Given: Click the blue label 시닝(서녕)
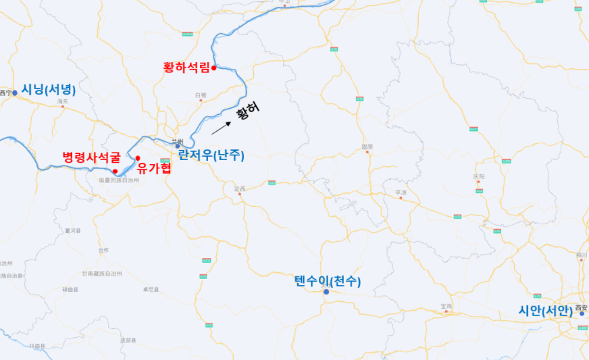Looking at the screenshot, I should (x=49, y=89).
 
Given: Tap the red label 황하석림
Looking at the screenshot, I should (x=186, y=68).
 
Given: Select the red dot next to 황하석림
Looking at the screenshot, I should (x=213, y=68).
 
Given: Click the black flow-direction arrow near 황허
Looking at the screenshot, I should (x=221, y=128).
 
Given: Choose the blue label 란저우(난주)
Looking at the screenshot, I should (x=211, y=155).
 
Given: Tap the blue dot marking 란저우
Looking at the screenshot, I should (x=178, y=146).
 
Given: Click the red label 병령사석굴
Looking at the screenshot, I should (x=91, y=157).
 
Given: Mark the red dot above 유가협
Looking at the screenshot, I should (x=138, y=158).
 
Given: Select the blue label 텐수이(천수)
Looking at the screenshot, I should (x=328, y=280).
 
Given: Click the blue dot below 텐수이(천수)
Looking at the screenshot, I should (x=326, y=292).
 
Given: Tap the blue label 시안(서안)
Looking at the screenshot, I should (x=545, y=311).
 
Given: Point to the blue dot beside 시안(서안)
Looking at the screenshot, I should (x=582, y=313).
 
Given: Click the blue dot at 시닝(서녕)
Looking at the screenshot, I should (x=15, y=93).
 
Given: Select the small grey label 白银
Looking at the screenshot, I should (x=201, y=95).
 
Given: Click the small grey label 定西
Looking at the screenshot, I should (x=239, y=188).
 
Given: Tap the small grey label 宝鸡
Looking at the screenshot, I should (x=446, y=306).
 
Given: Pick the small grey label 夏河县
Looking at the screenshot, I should (x=72, y=230).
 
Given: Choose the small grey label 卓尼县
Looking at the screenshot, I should (x=150, y=289).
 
